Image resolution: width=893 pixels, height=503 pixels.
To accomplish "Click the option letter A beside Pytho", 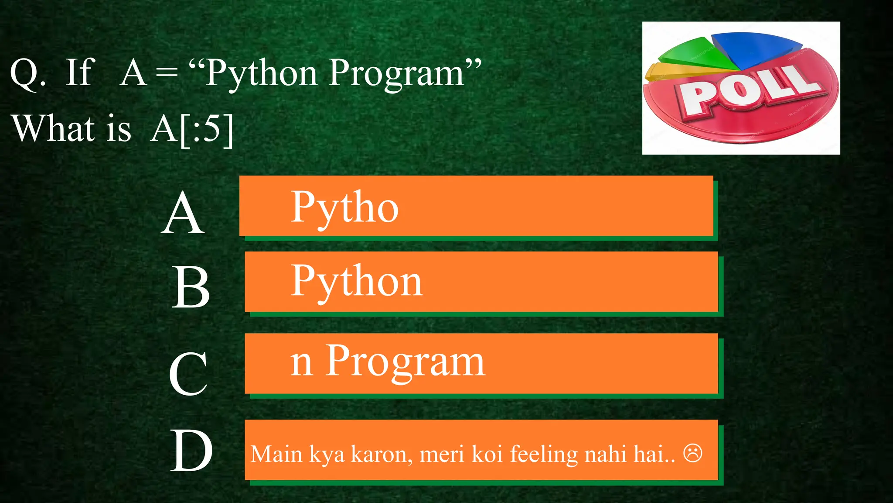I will point(183,214).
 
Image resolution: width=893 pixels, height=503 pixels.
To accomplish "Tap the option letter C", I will point(188,374).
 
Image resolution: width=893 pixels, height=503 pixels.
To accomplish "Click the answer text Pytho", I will point(344,208).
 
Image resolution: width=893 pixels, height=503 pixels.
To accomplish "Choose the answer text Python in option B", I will point(357,282).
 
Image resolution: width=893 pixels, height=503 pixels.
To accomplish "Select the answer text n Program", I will point(387,362).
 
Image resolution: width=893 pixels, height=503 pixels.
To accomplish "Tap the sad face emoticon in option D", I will point(692,453).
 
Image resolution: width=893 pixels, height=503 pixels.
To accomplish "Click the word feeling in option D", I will point(544,454).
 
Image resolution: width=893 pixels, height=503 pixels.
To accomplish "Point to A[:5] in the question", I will point(192,129).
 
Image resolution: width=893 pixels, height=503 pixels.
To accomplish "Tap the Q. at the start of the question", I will point(28,73).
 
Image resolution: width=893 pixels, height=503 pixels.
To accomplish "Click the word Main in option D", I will point(276,454).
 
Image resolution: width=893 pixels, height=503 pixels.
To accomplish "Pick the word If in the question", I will point(79,72).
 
